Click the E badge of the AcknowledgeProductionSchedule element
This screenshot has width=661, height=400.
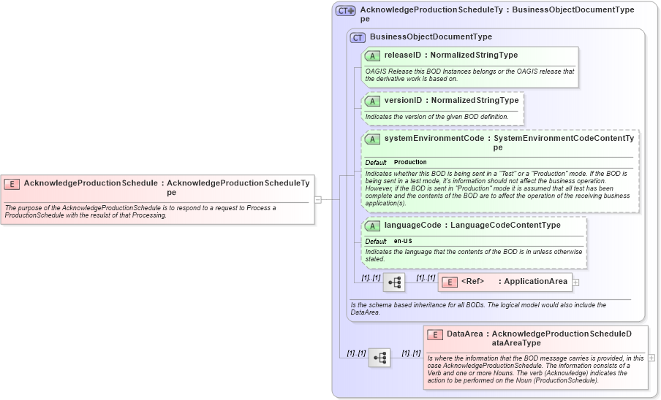click(x=12, y=184)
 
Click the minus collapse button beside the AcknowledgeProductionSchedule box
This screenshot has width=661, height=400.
click(x=318, y=199)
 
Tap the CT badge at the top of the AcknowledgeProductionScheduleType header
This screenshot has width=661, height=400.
click(x=345, y=11)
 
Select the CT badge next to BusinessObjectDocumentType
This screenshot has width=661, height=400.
click(x=358, y=37)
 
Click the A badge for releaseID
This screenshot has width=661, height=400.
click(x=372, y=55)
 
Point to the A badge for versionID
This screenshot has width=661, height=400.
click(x=372, y=101)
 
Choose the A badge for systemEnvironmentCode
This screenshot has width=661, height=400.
click(x=372, y=139)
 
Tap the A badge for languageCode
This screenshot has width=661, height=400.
click(x=372, y=226)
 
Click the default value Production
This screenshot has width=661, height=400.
click(x=410, y=162)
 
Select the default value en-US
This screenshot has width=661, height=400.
click(x=404, y=241)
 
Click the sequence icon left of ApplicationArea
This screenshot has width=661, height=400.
click(x=394, y=282)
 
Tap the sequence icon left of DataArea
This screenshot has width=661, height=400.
click(x=379, y=358)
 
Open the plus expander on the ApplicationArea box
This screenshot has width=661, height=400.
click(x=575, y=282)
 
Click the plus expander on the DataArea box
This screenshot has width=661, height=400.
click(x=651, y=358)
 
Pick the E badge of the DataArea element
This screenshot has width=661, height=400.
click(x=435, y=334)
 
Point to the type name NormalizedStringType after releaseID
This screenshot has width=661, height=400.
click(x=474, y=55)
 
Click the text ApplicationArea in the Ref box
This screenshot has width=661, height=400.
click(x=535, y=282)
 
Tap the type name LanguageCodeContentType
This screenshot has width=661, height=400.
click(x=505, y=226)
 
